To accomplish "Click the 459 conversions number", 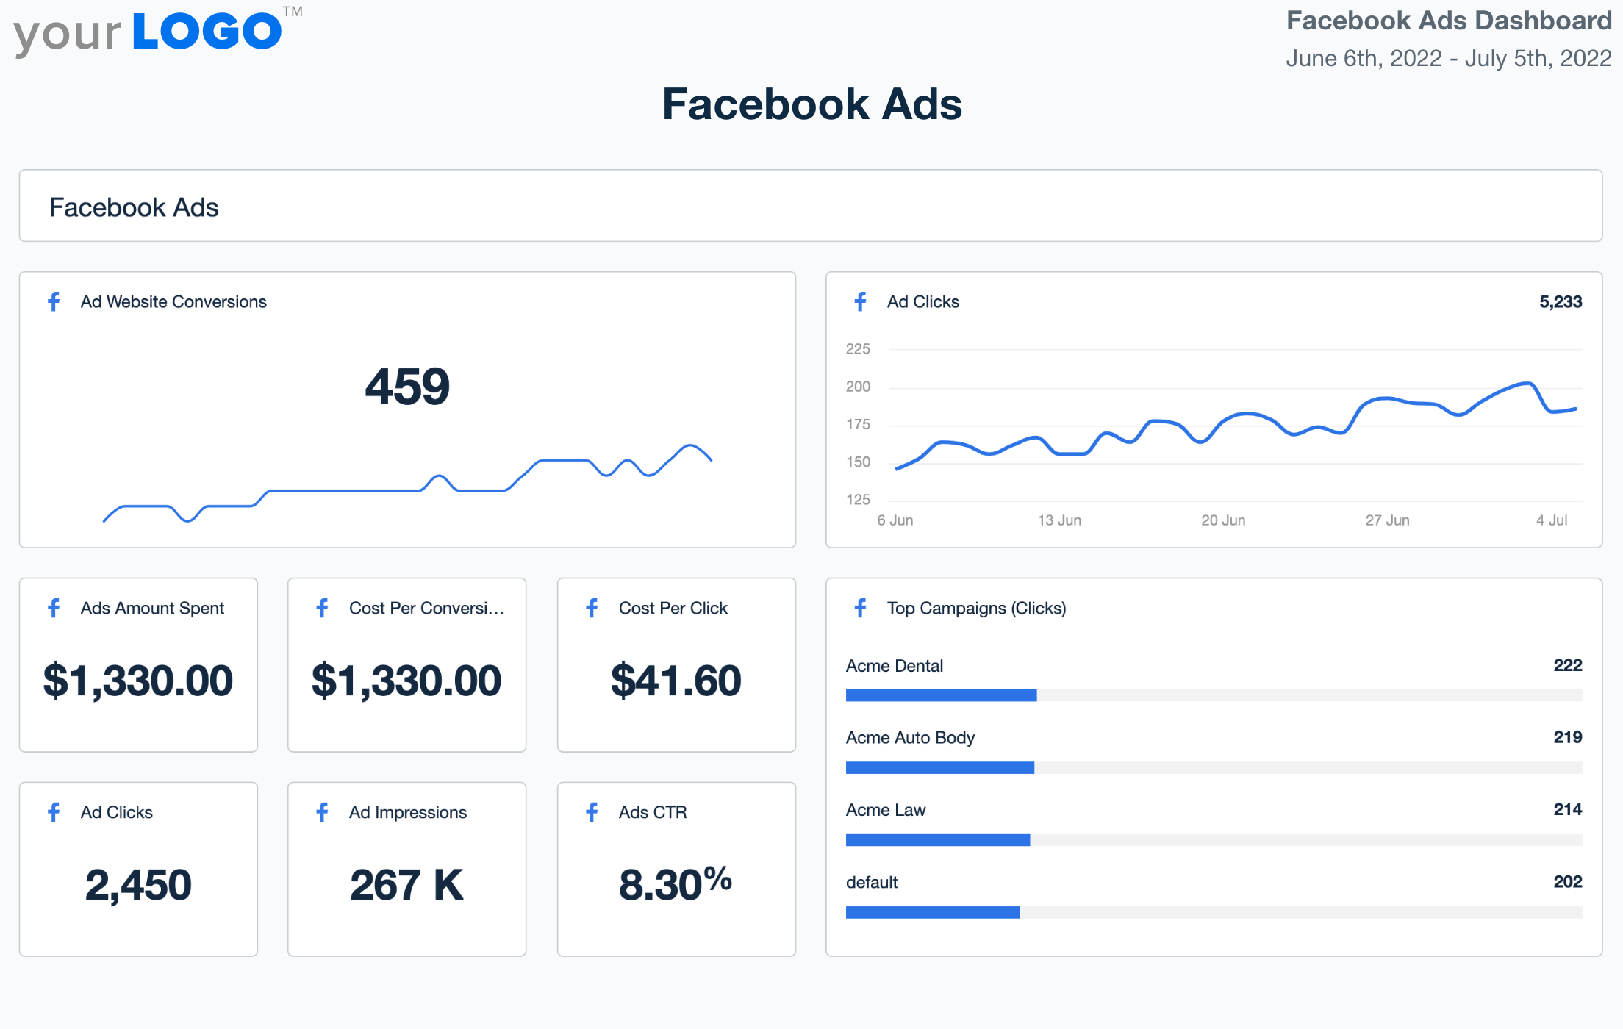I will pyautogui.click(x=407, y=387).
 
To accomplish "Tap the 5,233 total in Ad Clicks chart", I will pyautogui.click(x=1560, y=302).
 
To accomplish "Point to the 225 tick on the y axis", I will pyautogui.click(x=858, y=349).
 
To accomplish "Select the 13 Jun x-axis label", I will pyautogui.click(x=1059, y=520).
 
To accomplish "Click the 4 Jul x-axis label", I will pyautogui.click(x=1551, y=520).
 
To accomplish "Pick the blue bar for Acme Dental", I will pyautogui.click(x=941, y=695).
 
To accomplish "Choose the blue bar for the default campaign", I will pyautogui.click(x=932, y=912).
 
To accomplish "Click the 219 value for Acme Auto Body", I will pyautogui.click(x=1567, y=737).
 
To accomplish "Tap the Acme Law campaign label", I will pyautogui.click(x=886, y=810).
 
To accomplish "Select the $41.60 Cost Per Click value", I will pyautogui.click(x=676, y=681).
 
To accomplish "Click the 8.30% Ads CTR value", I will pyautogui.click(x=676, y=883).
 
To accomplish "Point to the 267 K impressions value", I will pyautogui.click(x=406, y=885).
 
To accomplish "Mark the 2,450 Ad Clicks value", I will pyautogui.click(x=138, y=885).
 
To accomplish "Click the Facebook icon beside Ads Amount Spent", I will pyautogui.click(x=54, y=608).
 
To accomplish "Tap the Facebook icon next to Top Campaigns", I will pyautogui.click(x=861, y=608).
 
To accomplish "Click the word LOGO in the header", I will pyautogui.click(x=207, y=32).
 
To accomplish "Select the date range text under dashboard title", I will pyautogui.click(x=1448, y=59).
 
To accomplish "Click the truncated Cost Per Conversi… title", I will pyautogui.click(x=426, y=609).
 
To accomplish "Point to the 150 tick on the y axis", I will pyautogui.click(x=858, y=462).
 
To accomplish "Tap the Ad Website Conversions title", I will pyautogui.click(x=173, y=302).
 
